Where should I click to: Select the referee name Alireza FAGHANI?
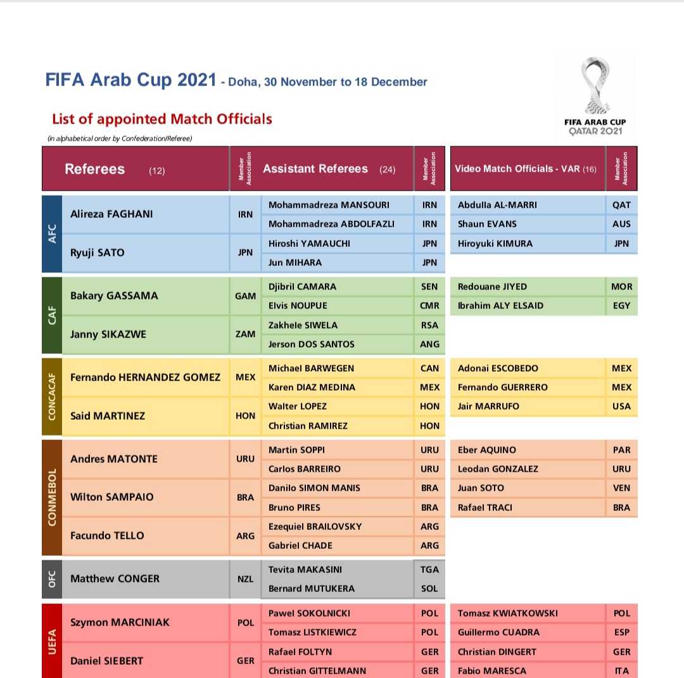(x=111, y=214)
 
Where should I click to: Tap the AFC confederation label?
(x=52, y=234)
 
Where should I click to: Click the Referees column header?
(x=95, y=169)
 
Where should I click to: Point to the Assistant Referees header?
(x=315, y=169)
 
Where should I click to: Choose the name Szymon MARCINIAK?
(x=120, y=622)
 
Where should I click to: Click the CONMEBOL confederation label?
(x=52, y=497)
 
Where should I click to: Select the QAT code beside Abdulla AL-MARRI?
(x=621, y=205)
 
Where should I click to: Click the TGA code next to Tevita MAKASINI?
(x=429, y=570)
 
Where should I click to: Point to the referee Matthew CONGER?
(x=115, y=579)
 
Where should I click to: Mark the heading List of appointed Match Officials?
(x=162, y=119)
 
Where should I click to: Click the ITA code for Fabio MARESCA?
(x=621, y=671)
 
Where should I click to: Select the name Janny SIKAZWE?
(x=108, y=334)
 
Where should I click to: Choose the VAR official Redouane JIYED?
(x=492, y=287)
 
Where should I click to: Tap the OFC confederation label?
(x=52, y=579)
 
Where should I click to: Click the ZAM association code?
(x=245, y=334)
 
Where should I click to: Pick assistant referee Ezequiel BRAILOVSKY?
(x=315, y=527)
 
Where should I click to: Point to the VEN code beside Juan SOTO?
(x=621, y=488)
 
